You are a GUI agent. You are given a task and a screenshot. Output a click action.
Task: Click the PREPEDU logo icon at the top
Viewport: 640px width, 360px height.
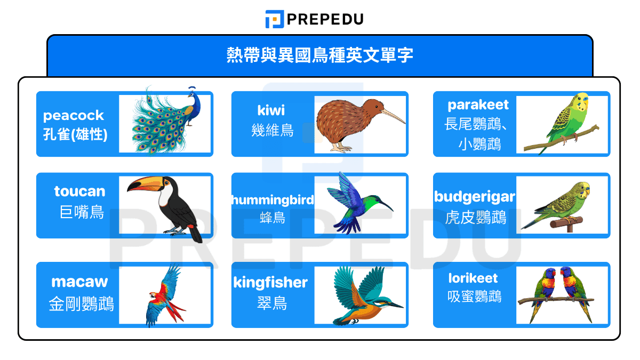point(274,19)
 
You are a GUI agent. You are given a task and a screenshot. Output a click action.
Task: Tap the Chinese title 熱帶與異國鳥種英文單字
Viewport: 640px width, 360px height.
point(319,55)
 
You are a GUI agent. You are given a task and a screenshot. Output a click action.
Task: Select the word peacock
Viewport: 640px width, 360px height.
point(74,115)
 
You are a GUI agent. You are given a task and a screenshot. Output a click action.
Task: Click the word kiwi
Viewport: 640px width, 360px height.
point(271,110)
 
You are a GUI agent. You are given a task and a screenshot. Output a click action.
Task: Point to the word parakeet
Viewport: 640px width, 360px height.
point(478,105)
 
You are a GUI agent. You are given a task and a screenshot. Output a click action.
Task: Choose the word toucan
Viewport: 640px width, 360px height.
point(80,191)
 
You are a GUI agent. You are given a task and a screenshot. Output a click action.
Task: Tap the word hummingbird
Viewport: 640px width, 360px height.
point(273,199)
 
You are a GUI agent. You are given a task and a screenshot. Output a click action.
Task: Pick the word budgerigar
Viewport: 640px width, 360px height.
point(475,197)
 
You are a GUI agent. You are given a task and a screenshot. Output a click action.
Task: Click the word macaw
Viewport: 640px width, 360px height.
point(79,281)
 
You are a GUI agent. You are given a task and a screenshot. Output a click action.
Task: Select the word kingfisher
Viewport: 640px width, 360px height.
point(270,282)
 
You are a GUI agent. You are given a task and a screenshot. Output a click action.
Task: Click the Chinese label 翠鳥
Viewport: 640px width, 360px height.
point(271,303)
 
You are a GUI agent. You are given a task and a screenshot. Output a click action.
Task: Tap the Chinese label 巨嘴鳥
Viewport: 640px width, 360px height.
point(82,212)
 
